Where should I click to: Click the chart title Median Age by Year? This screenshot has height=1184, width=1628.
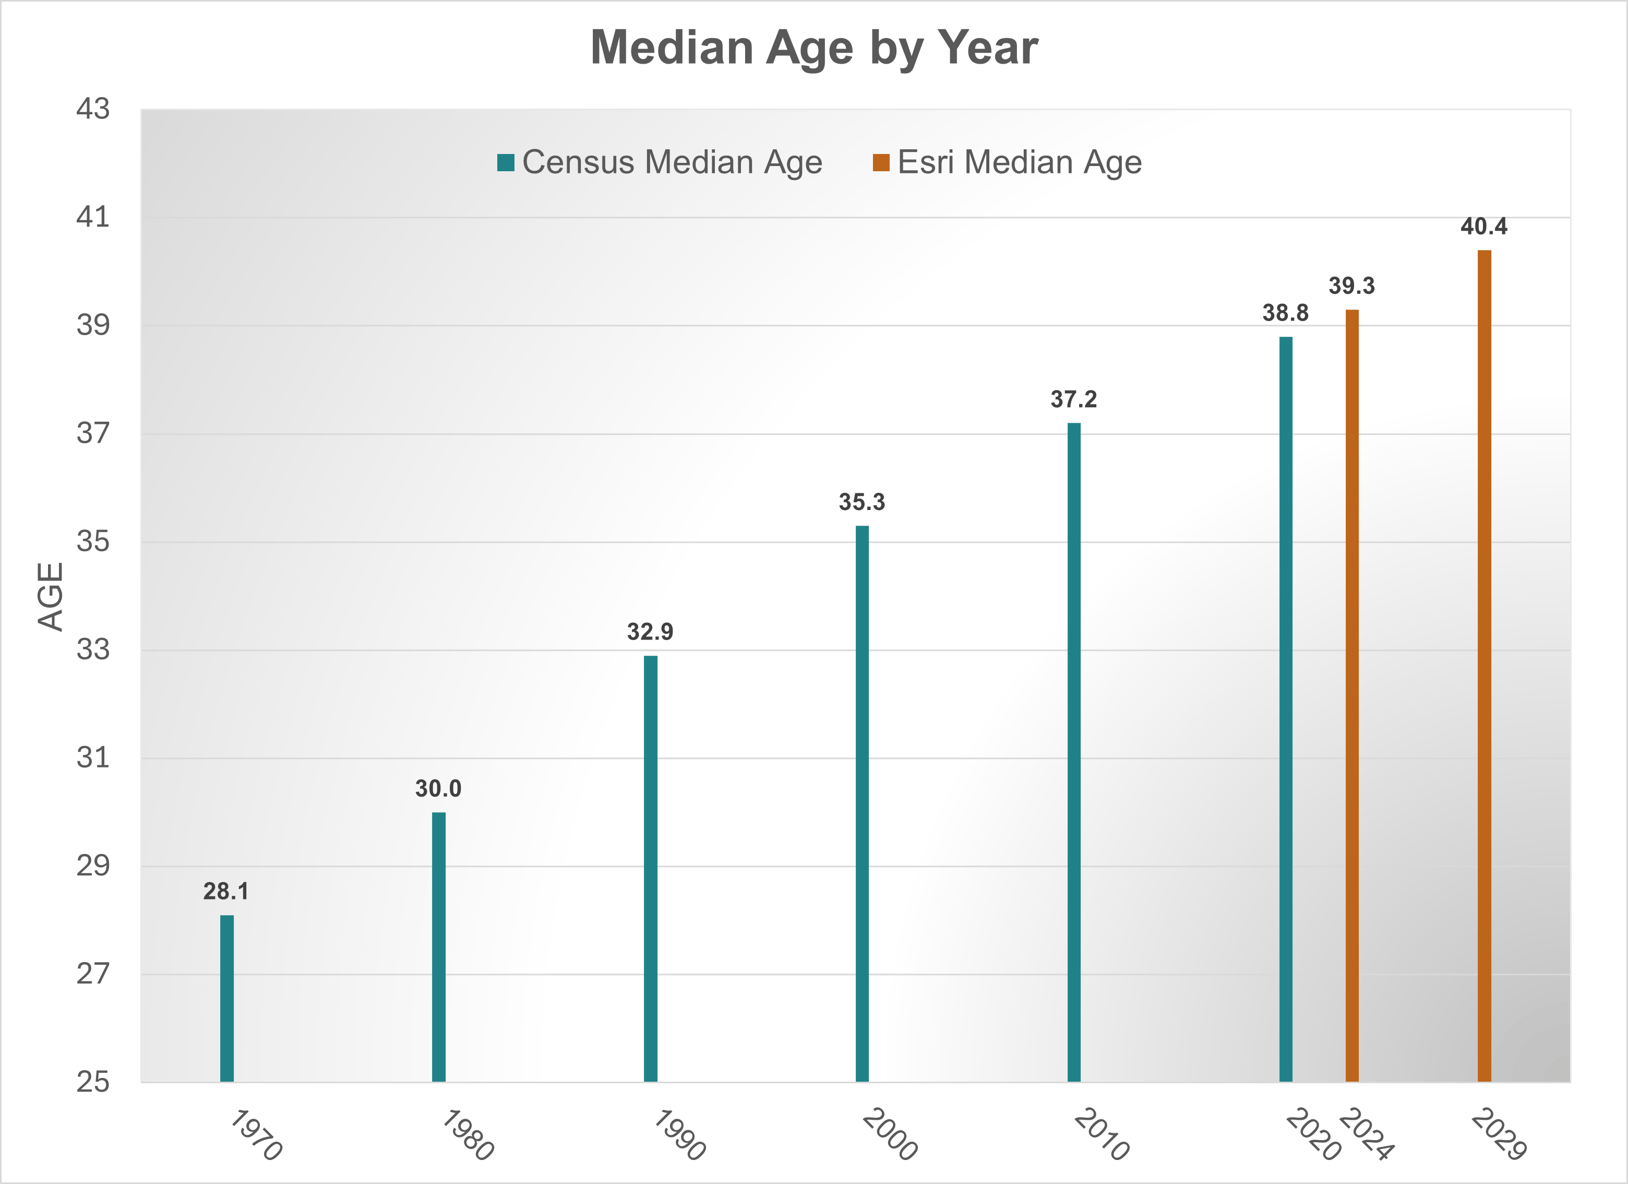pyautogui.click(x=814, y=48)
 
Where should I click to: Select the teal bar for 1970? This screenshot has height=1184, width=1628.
pyautogui.click(x=227, y=998)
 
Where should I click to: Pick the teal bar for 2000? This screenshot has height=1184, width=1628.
pyautogui.click(x=862, y=803)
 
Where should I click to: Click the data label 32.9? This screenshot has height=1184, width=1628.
pyautogui.click(x=650, y=632)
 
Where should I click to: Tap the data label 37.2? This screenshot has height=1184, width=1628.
pyautogui.click(x=1074, y=399)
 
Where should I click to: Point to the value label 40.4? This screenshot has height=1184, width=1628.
pyautogui.click(x=1483, y=227)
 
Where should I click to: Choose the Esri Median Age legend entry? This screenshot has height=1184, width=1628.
pyautogui.click(x=1007, y=162)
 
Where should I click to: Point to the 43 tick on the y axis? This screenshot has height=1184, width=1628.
pyautogui.click(x=93, y=109)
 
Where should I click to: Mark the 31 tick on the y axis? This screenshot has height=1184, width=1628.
pyautogui.click(x=93, y=757)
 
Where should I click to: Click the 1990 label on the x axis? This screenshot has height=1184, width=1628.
pyautogui.click(x=679, y=1134)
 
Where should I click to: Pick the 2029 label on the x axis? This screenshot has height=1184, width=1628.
pyautogui.click(x=1499, y=1134)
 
